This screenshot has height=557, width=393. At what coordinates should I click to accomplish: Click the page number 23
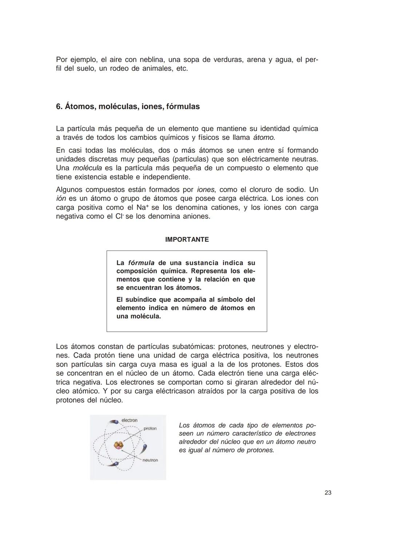(327, 493)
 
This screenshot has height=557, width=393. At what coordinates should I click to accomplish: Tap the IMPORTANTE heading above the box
(187, 239)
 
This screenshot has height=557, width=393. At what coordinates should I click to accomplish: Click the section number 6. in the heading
(59, 106)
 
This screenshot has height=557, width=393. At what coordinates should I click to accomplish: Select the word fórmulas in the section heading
(183, 106)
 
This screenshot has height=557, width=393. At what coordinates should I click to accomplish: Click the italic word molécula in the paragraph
(87, 168)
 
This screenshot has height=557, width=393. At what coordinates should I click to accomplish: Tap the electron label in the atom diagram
(129, 420)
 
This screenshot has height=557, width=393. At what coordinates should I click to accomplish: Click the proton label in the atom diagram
(150, 428)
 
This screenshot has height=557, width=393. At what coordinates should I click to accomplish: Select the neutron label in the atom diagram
(150, 460)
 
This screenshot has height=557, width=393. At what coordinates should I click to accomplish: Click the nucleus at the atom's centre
(118, 445)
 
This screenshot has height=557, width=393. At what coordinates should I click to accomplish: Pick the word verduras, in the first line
(227, 59)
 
